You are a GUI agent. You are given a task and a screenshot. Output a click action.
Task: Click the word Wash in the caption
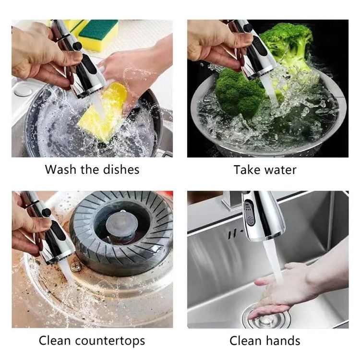[x=60, y=169]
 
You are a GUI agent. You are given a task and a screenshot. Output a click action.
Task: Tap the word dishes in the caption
[x=121, y=169]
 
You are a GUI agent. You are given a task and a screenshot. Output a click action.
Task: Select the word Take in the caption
[x=247, y=170]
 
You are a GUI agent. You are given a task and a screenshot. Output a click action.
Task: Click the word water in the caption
[x=280, y=170]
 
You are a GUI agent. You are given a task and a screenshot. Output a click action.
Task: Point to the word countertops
[x=110, y=341]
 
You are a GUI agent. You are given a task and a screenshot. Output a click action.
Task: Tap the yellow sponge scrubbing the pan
[x=103, y=112]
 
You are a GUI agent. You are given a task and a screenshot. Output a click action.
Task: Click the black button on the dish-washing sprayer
[x=77, y=46]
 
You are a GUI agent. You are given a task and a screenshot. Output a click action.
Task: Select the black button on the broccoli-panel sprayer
[x=248, y=28]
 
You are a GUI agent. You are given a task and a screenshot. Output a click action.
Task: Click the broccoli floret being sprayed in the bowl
[x=239, y=93]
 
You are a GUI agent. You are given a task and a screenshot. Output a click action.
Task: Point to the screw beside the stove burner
[x=75, y=266]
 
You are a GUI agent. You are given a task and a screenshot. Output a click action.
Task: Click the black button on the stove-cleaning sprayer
[x=46, y=213]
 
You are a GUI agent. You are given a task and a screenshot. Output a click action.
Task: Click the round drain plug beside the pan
[x=24, y=90]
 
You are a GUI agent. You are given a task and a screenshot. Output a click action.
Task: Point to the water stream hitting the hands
[x=273, y=262]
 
